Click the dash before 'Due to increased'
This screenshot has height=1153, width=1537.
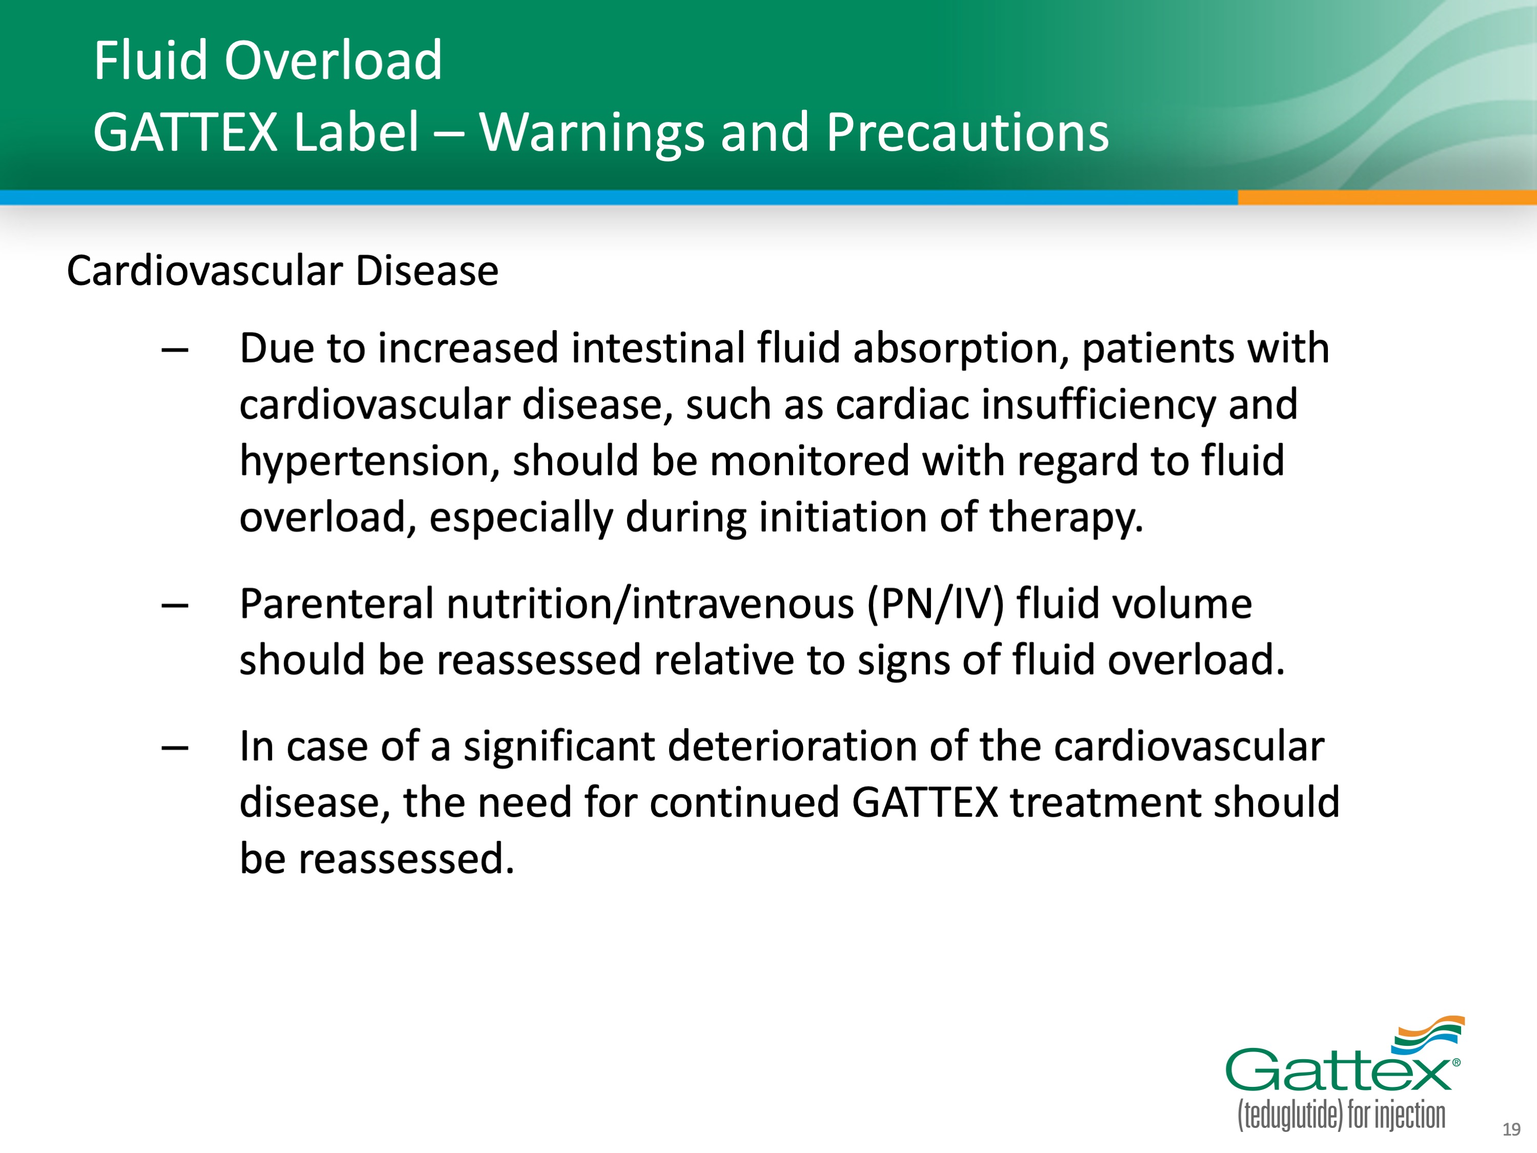(174, 350)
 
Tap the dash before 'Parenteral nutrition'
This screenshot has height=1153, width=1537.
(174, 605)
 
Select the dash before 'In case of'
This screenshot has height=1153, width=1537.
(174, 748)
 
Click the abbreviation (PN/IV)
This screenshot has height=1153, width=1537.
(935, 604)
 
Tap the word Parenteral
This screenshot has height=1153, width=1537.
(336, 604)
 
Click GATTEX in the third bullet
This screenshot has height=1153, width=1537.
(925, 803)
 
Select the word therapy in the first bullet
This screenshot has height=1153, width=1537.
(1066, 518)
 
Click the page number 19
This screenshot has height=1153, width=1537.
(1511, 1129)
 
